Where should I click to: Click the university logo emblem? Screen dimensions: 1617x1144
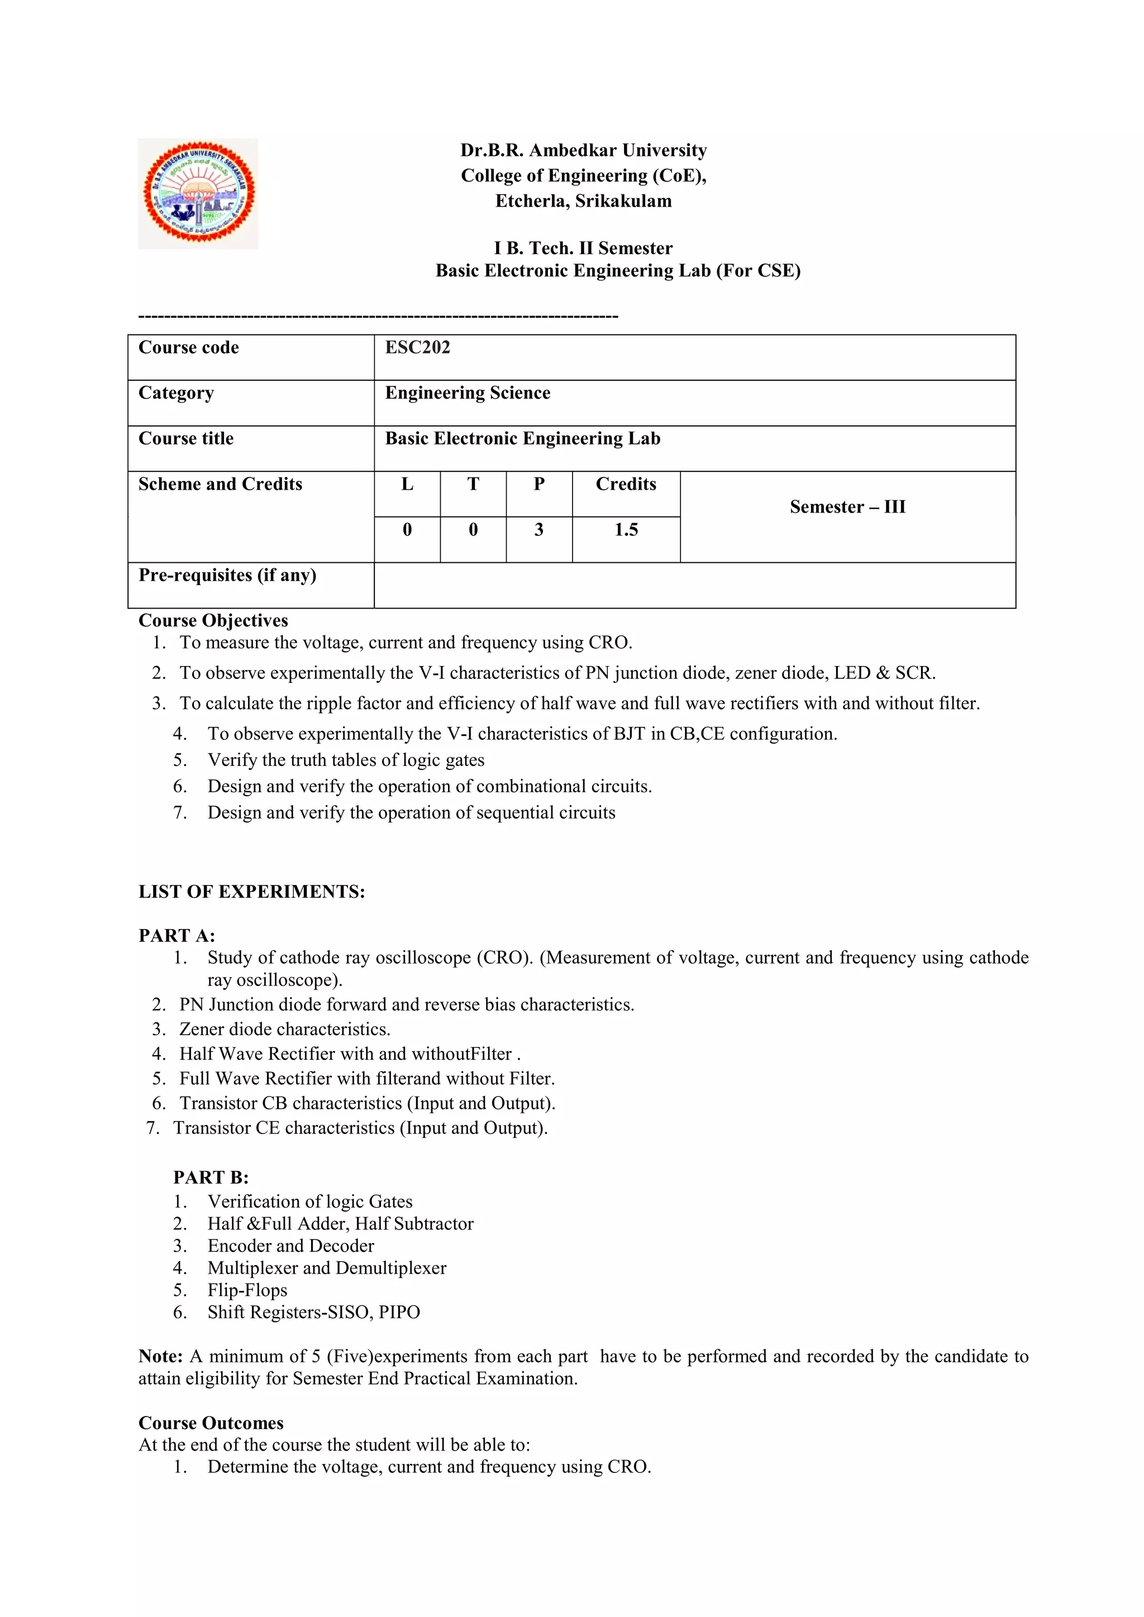click(199, 194)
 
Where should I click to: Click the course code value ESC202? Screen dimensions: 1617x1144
click(417, 347)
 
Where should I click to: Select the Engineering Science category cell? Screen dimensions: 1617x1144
click(467, 393)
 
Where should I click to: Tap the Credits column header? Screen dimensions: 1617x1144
click(626, 485)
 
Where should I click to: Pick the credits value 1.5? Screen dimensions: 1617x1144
click(626, 530)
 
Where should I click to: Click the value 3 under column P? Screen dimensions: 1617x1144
click(539, 530)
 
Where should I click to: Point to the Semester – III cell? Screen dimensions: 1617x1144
click(847, 507)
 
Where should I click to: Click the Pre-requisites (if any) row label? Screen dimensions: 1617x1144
click(227, 576)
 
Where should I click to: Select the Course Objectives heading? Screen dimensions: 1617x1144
click(213, 620)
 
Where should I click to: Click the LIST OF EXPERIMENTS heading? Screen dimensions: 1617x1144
click(251, 892)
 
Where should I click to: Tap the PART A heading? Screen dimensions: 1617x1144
click(176, 935)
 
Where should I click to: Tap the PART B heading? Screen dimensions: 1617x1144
click(211, 1178)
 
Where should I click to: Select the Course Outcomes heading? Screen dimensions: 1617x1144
click(211, 1423)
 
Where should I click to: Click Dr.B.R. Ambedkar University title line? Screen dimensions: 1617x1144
click(583, 151)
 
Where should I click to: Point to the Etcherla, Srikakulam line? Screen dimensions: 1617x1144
click(583, 202)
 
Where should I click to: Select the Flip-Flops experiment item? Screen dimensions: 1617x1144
click(247, 1290)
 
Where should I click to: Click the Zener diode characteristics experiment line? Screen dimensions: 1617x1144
click(284, 1030)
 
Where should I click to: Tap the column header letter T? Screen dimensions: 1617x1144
click(473, 485)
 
